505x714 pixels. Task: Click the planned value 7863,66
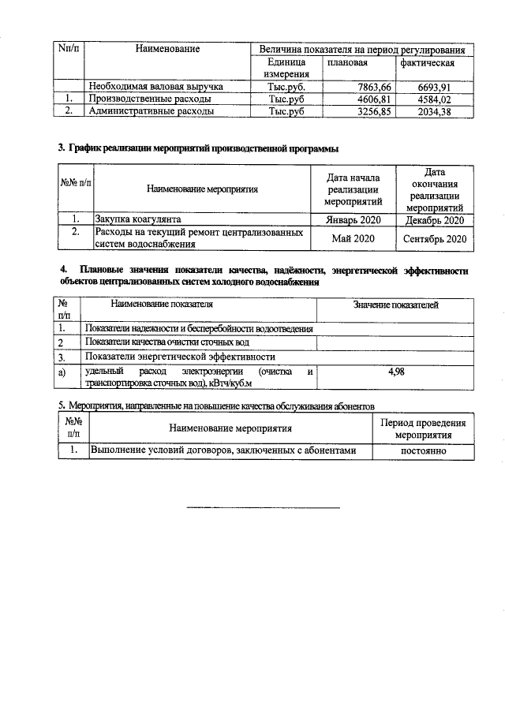click(368, 87)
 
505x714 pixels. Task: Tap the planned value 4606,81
click(368, 99)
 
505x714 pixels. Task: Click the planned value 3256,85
click(368, 112)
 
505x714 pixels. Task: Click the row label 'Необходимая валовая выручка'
click(156, 87)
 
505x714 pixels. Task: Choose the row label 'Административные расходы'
click(151, 112)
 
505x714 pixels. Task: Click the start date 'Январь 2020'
click(353, 220)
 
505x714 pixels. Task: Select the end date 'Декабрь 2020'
click(435, 220)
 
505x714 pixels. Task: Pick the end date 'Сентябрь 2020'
click(435, 238)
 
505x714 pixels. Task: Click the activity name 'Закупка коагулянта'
click(139, 220)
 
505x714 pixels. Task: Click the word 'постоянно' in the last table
click(424, 450)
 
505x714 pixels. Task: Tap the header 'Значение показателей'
click(396, 305)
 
